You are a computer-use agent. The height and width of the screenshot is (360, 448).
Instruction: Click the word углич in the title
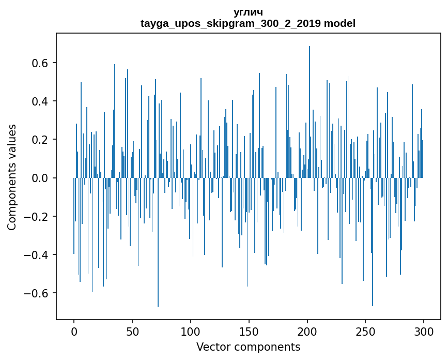(248, 12)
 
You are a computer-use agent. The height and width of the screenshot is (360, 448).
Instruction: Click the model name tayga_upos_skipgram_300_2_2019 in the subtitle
(230, 24)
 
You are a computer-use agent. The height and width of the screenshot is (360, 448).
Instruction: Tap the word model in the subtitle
(339, 24)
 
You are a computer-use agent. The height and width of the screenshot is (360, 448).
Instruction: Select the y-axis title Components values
(12, 177)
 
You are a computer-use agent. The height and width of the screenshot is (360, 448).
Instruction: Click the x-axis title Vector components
(248, 347)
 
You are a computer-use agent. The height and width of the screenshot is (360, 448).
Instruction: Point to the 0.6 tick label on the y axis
(39, 63)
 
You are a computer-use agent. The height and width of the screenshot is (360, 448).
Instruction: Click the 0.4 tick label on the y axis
(39, 101)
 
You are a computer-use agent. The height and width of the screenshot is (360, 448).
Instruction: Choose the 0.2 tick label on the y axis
(39, 140)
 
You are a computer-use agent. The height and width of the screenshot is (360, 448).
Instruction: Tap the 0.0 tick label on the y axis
(39, 178)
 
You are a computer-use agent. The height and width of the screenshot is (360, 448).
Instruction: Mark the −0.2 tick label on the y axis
(36, 216)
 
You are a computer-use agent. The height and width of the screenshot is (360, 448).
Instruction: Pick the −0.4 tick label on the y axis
(36, 255)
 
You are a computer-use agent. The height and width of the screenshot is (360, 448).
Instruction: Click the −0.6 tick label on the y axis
(36, 293)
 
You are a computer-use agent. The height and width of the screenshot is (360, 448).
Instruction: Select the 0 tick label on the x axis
(74, 331)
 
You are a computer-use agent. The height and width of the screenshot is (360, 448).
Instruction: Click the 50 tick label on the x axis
(132, 331)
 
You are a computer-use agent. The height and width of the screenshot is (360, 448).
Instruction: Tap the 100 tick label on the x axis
(191, 331)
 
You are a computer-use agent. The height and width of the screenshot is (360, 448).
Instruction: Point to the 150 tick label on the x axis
(249, 331)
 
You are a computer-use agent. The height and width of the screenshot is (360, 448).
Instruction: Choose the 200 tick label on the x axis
(307, 331)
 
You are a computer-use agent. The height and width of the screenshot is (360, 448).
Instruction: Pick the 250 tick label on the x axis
(366, 331)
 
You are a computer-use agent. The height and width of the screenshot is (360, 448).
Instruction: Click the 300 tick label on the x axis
(424, 331)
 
